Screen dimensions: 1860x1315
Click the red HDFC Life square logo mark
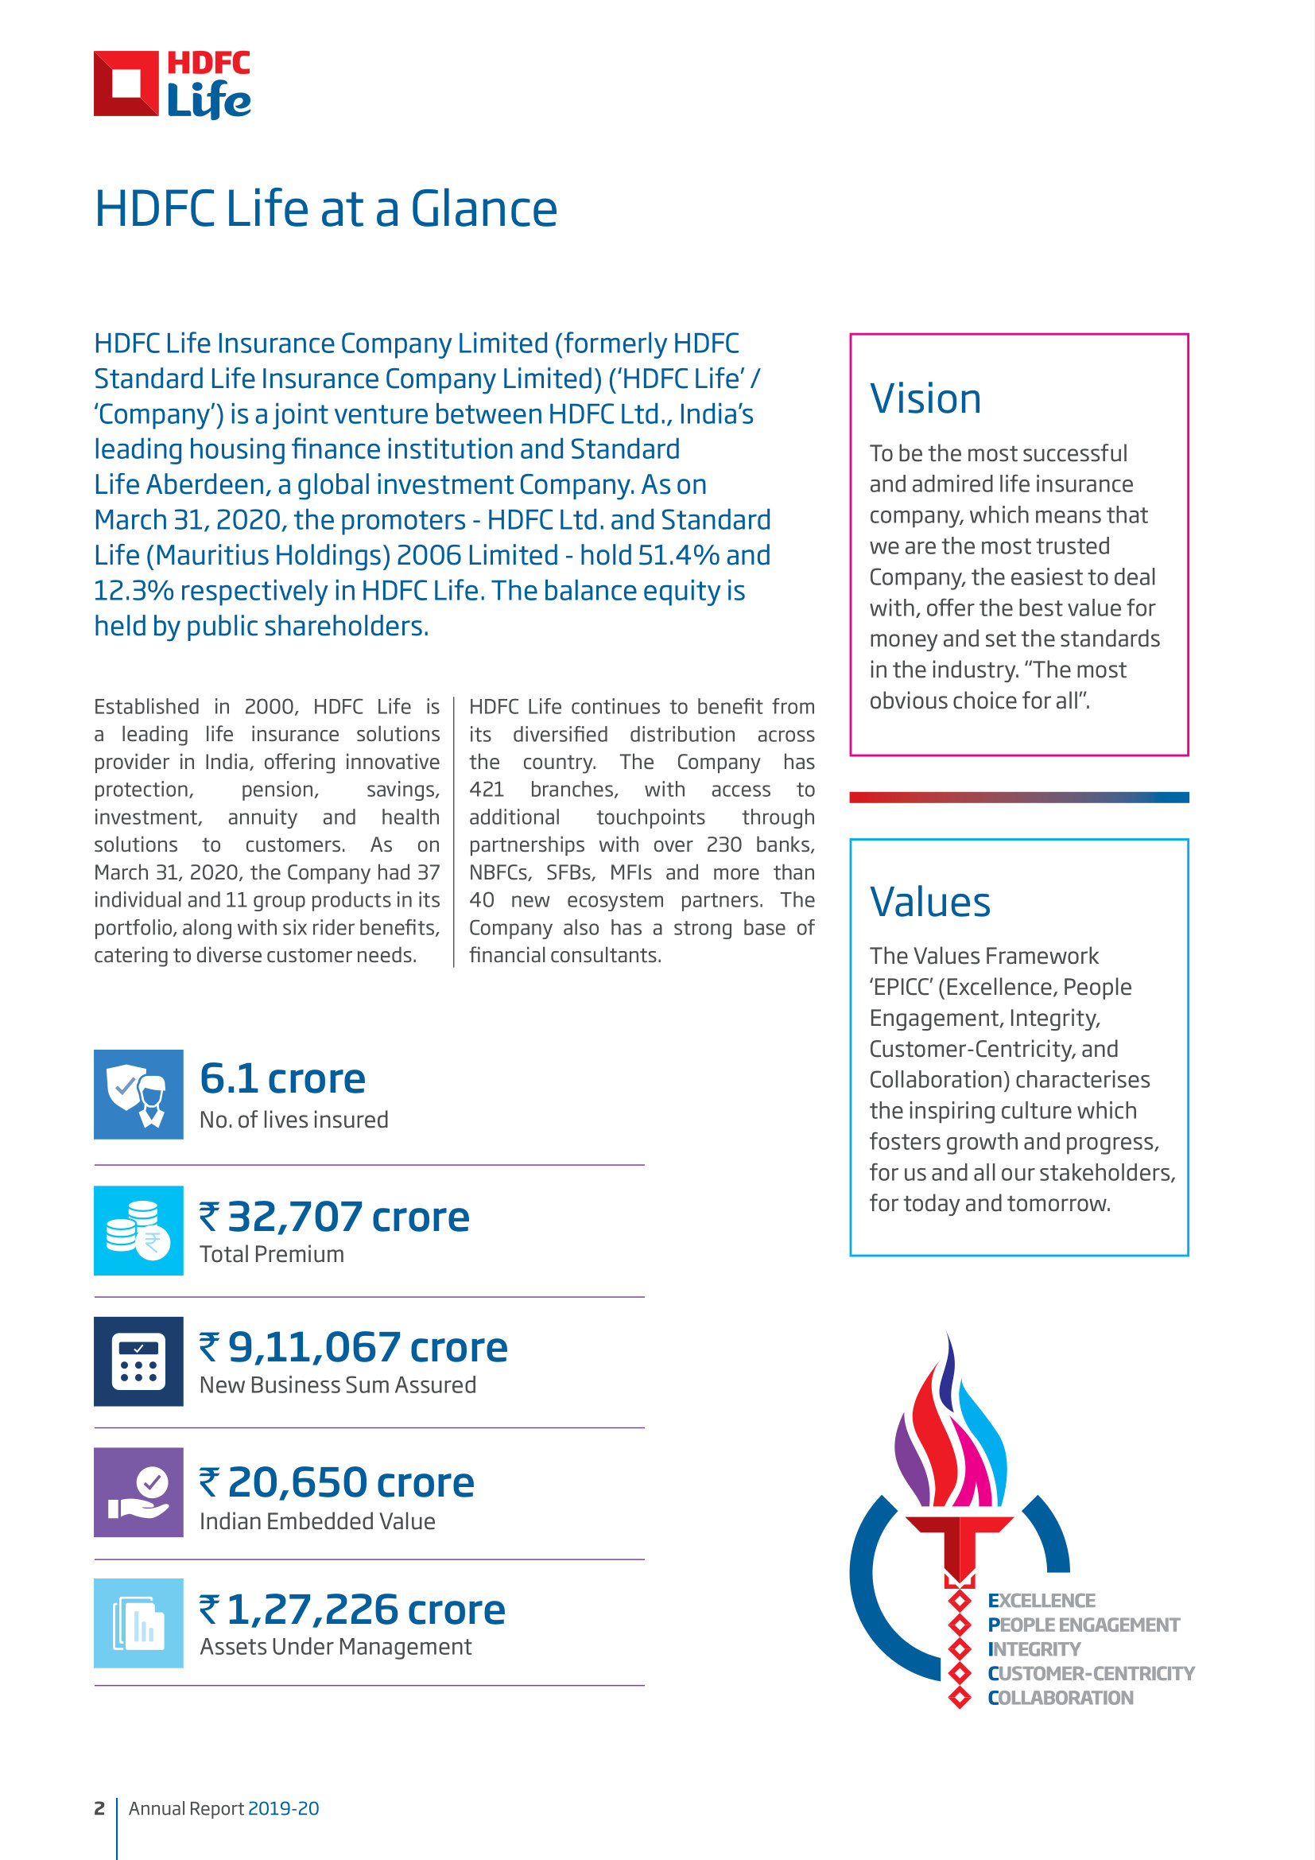126,83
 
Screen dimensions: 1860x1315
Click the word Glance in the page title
483,209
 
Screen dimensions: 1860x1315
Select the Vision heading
925,398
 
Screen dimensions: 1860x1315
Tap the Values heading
929,902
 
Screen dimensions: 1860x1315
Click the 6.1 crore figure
282,1078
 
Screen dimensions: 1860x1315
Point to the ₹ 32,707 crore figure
335,1216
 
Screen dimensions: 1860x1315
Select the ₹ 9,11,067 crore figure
354,1347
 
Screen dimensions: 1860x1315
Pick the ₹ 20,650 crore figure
337,1482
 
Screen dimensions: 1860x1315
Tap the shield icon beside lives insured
138,1094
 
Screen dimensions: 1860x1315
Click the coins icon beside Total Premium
138,1229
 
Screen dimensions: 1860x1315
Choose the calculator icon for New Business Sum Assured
138,1361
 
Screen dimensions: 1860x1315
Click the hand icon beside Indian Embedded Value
138,1492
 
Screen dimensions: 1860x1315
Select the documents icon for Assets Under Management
138,1623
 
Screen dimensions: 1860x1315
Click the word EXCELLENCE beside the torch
1042,1601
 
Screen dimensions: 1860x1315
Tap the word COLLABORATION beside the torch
1060,1698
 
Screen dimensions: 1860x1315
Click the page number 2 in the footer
99,1808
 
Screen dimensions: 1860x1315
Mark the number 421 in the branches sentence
487,790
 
